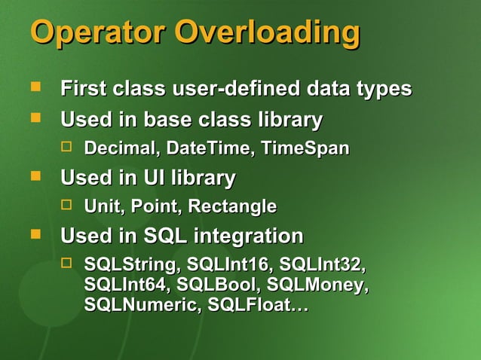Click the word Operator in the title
pyautogui.click(x=97, y=34)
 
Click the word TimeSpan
pyautogui.click(x=305, y=148)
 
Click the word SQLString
pyautogui.click(x=132, y=266)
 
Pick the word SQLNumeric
pyautogui.click(x=142, y=306)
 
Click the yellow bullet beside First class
pyautogui.click(x=35, y=87)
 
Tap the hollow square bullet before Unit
pyautogui.click(x=66, y=204)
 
